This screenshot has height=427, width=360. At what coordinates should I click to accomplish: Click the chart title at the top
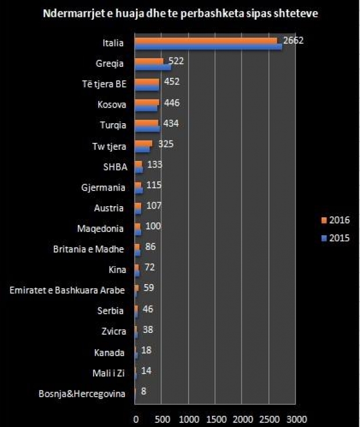pyautogui.click(x=179, y=14)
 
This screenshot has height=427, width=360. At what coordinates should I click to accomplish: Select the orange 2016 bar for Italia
pyautogui.click(x=206, y=41)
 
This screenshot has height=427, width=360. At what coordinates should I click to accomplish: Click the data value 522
pyautogui.click(x=177, y=61)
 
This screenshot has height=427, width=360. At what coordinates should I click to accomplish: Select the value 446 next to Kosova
pyautogui.click(x=172, y=103)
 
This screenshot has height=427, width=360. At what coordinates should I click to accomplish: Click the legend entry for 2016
pyautogui.click(x=334, y=221)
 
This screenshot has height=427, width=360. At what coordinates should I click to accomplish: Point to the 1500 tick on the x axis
pyautogui.click(x=216, y=418)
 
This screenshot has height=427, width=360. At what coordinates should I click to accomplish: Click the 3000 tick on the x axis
pyautogui.click(x=296, y=418)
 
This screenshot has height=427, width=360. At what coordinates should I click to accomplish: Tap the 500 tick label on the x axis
pyautogui.click(x=162, y=418)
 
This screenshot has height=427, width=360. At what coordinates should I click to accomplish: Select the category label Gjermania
pyautogui.click(x=104, y=187)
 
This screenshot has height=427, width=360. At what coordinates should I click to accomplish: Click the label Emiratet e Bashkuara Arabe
pyautogui.click(x=69, y=290)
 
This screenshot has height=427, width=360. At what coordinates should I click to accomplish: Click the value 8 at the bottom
pyautogui.click(x=143, y=392)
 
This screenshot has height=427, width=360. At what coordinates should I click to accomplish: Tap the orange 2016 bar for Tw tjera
pyautogui.click(x=143, y=143)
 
